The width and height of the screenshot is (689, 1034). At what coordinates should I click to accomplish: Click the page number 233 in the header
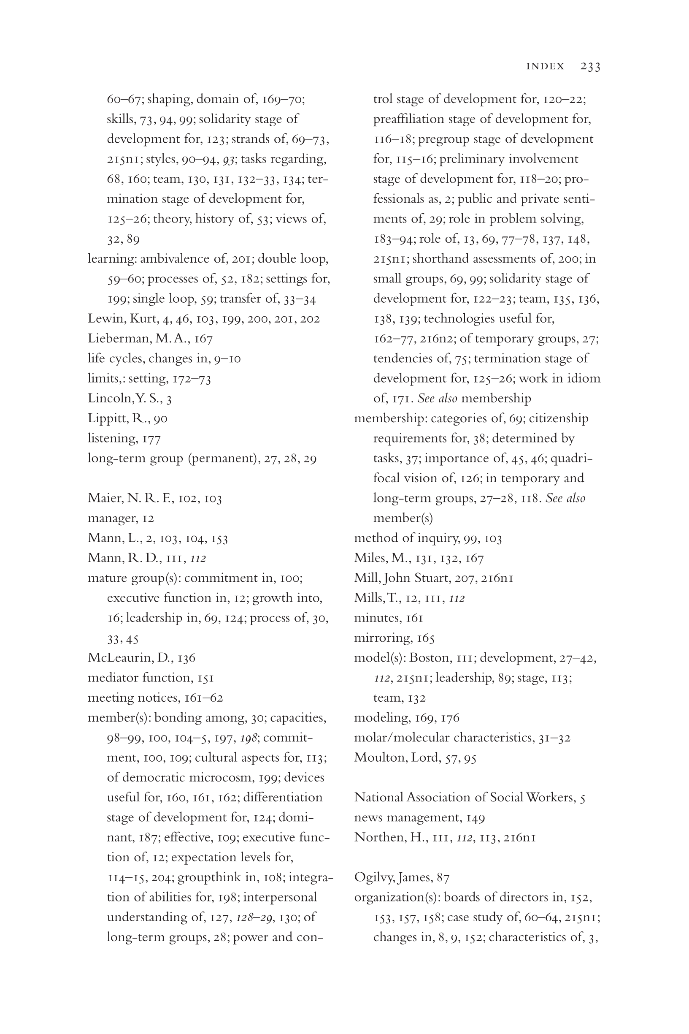pyautogui.click(x=590, y=66)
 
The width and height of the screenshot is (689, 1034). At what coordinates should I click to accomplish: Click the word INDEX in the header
pyautogui.click(x=545, y=66)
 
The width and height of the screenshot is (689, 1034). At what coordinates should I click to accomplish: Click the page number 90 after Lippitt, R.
pyautogui.click(x=160, y=418)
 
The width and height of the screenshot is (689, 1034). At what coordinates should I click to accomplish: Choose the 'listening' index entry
pyautogui.click(x=113, y=438)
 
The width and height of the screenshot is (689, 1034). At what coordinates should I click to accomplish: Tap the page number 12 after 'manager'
pyautogui.click(x=148, y=518)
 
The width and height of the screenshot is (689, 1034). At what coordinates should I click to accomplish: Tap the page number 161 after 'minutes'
pyautogui.click(x=414, y=618)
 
